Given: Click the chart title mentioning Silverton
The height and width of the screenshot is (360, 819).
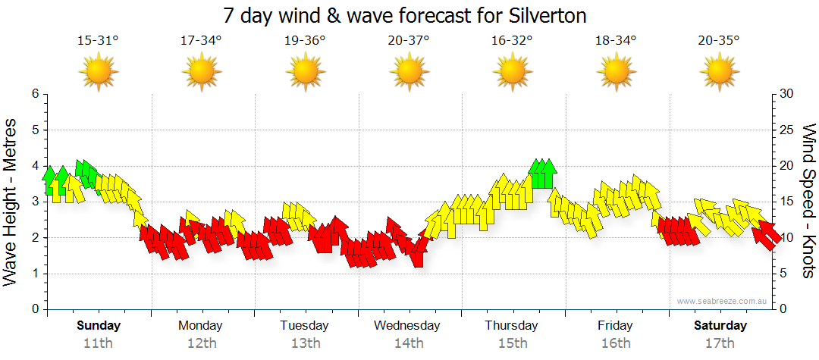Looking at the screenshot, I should pyautogui.click(x=405, y=16).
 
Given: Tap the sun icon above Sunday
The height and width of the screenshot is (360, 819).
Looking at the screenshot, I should pyautogui.click(x=99, y=72).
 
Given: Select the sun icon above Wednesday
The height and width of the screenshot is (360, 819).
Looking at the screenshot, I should pyautogui.click(x=409, y=72).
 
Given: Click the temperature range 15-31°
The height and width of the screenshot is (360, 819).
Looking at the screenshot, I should pyautogui.click(x=98, y=40).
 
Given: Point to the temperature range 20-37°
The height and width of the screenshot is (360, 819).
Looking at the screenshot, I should pyautogui.click(x=409, y=40).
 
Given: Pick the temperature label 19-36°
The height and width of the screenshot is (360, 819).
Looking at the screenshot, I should pyautogui.click(x=305, y=40).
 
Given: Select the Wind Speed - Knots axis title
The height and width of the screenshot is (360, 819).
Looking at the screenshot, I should pyautogui.click(x=807, y=201).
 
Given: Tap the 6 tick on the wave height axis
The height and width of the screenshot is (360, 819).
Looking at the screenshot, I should pyautogui.click(x=35, y=94).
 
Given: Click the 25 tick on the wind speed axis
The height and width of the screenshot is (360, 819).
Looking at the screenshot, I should pyautogui.click(x=787, y=130).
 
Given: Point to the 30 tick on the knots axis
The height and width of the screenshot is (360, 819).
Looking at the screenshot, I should pyautogui.click(x=787, y=94).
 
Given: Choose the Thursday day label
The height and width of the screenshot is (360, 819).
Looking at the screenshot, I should pyautogui.click(x=512, y=326).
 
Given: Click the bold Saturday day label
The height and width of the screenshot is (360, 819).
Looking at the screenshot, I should pyautogui.click(x=720, y=326).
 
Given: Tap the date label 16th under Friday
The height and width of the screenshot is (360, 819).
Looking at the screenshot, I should pyautogui.click(x=615, y=343).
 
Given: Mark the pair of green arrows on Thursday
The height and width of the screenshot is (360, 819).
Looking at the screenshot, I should pyautogui.click(x=543, y=174).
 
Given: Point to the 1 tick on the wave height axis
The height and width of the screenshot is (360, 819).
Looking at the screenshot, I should pyautogui.click(x=35, y=274).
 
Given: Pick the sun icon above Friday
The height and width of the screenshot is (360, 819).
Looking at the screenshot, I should pyautogui.click(x=616, y=72).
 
